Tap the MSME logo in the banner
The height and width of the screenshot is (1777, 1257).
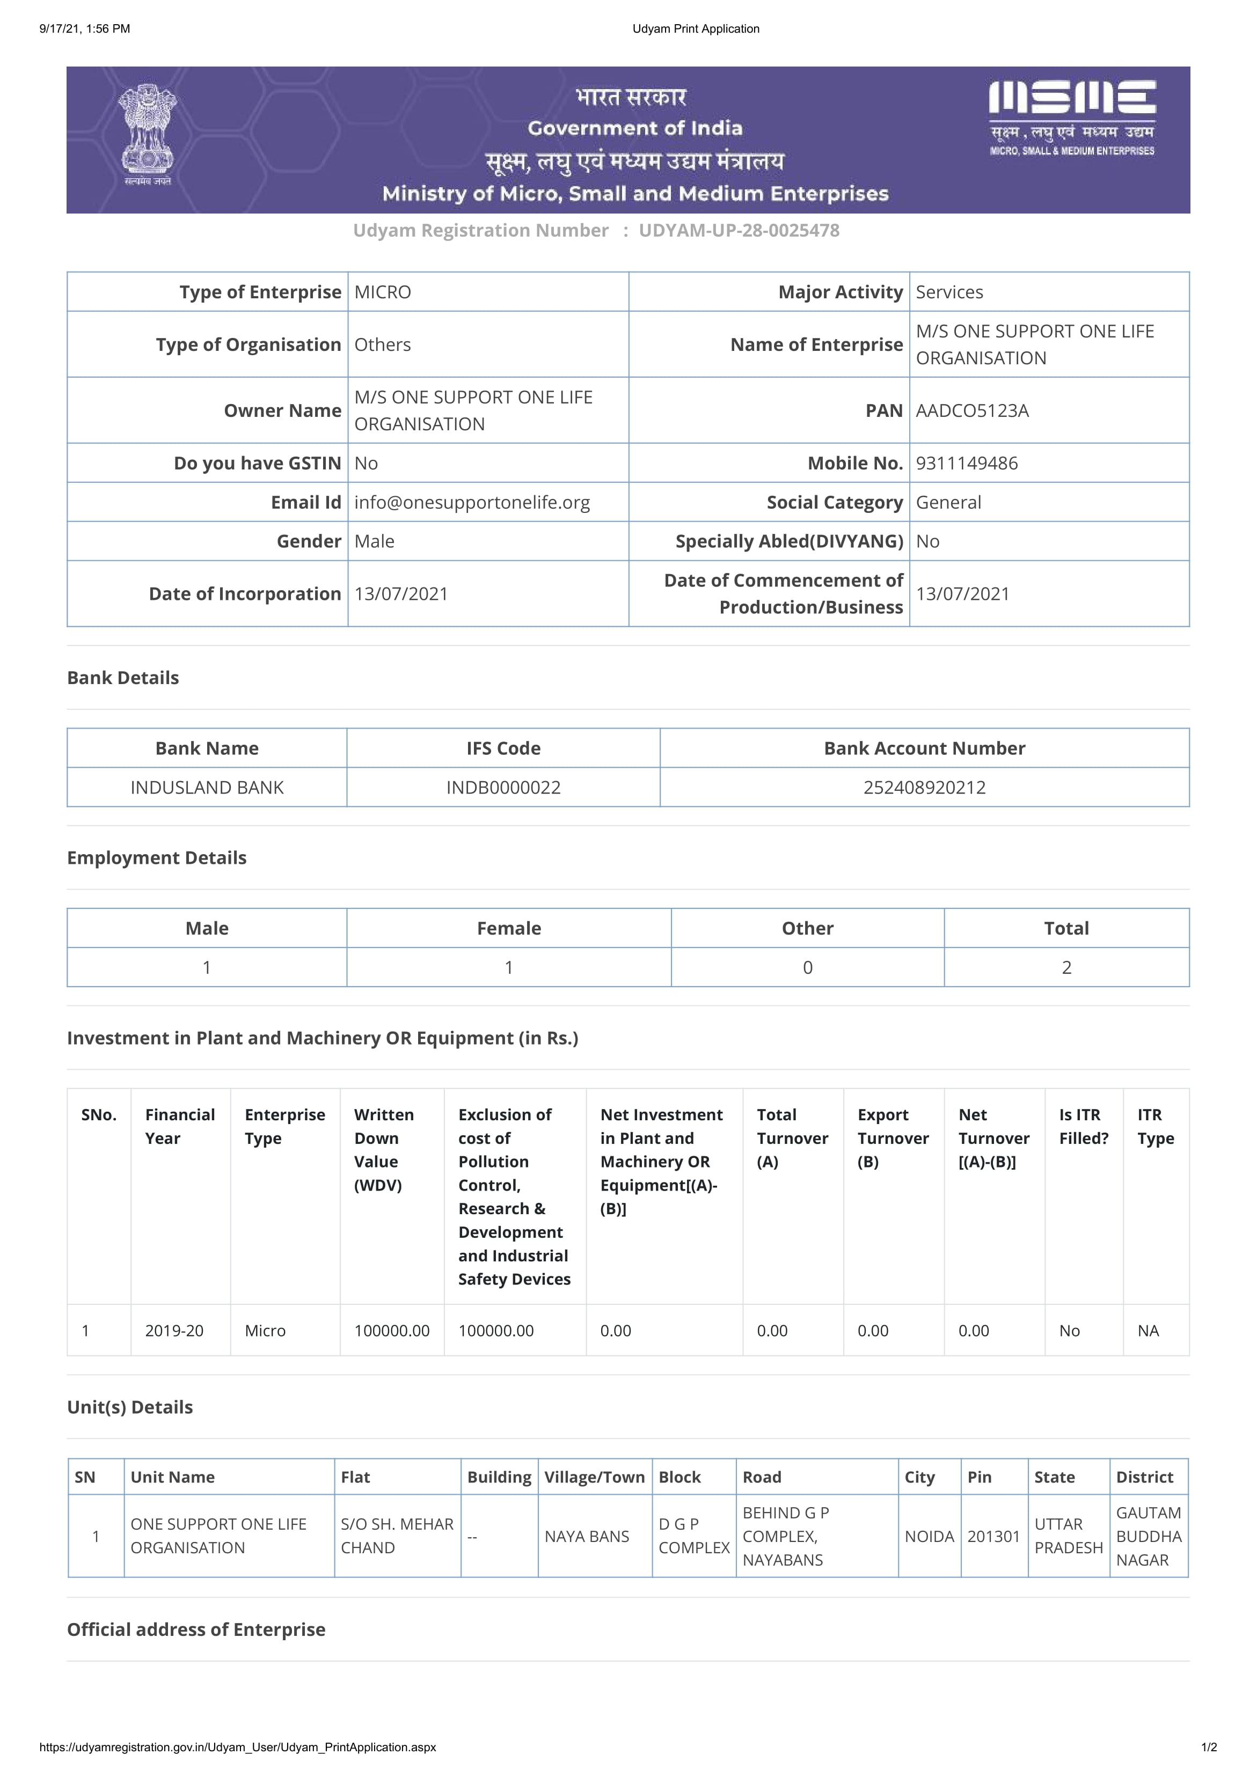point(1072,116)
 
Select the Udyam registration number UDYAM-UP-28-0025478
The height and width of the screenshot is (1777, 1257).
point(739,231)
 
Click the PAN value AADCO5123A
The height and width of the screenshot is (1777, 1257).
point(972,411)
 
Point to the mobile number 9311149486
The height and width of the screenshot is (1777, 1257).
point(967,464)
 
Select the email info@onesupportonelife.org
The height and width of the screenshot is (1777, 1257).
point(472,503)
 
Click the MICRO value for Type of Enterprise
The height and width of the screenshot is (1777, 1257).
point(382,292)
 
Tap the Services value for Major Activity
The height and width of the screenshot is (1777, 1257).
point(949,292)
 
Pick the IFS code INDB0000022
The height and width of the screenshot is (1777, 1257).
point(503,788)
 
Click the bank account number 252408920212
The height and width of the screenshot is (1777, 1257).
point(924,788)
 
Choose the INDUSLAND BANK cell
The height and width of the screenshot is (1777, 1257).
point(207,788)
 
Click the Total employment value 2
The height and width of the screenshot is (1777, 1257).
point(1066,967)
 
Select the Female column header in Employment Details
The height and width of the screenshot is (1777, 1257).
point(508,929)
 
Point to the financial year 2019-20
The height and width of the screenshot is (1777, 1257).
point(174,1331)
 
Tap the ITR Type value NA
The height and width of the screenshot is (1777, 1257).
point(1148,1331)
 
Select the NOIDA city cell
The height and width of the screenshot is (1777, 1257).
point(929,1536)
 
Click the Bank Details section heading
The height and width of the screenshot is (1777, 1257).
point(123,678)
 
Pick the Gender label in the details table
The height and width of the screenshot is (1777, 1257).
point(309,542)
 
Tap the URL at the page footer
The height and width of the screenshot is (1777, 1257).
point(238,1747)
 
